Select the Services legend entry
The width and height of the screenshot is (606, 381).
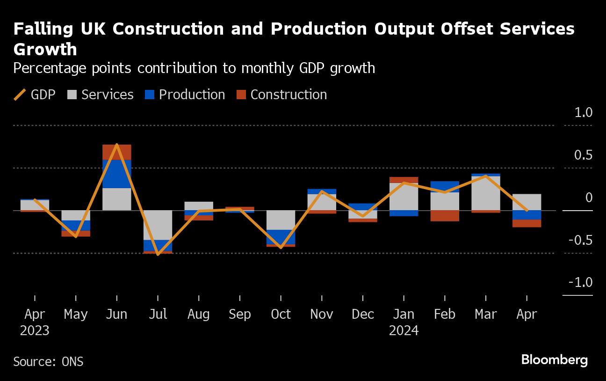click(100, 95)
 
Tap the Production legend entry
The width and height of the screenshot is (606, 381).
click(185, 95)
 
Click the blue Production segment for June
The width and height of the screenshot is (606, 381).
click(117, 174)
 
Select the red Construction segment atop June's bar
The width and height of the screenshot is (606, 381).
click(117, 152)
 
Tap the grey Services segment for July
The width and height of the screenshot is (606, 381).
click(158, 225)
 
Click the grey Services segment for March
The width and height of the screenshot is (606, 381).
click(486, 193)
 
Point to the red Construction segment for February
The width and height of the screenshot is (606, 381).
click(445, 215)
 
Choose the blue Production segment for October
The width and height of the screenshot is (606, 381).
click(281, 237)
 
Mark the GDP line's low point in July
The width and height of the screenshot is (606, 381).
click(158, 254)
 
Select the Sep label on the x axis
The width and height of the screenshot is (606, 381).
click(240, 314)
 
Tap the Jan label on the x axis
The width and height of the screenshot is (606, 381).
click(404, 314)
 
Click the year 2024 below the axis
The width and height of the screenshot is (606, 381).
click(404, 331)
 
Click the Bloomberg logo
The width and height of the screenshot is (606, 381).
click(554, 360)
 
